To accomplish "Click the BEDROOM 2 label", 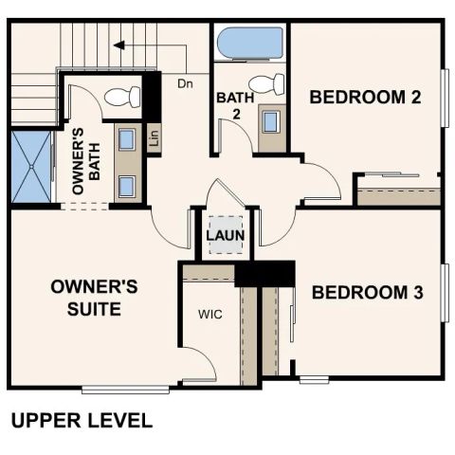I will coord(365,97).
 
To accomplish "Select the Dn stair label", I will coord(185,82).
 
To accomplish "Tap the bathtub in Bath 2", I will coord(248,44).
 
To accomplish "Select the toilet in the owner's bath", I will coord(118,96).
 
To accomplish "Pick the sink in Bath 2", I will coord(271,121).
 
